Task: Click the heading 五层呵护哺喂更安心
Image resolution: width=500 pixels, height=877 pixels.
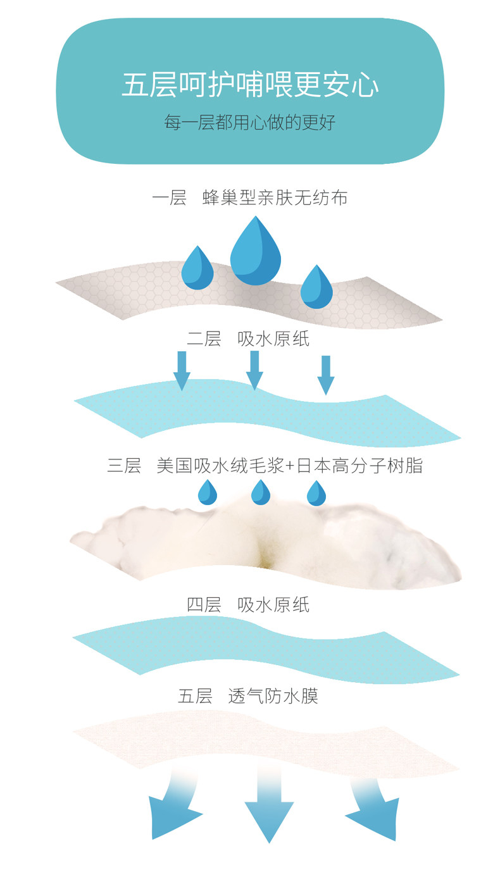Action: (250, 84)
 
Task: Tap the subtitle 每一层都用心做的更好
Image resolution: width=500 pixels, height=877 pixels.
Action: (250, 122)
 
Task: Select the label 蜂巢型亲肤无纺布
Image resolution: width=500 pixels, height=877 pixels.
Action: (275, 197)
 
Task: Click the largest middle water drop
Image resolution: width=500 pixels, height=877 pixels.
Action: (255, 251)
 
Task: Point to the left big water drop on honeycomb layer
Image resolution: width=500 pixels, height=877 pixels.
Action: (197, 268)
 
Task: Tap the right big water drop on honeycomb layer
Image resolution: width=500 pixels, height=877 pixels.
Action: (316, 287)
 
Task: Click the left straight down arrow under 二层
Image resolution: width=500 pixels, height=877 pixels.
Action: (182, 371)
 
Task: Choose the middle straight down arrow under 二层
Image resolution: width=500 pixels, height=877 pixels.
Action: (254, 370)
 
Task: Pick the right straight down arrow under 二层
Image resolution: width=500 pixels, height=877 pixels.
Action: (326, 375)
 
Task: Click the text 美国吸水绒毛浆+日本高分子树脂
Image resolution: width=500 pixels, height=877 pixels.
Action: (290, 466)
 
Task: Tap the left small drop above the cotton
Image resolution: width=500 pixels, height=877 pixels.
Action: (207, 492)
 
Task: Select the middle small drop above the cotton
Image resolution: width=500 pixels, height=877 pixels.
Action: (260, 492)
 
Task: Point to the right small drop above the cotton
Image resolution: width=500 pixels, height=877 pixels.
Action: (316, 494)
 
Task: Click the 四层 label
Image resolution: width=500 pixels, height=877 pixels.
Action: (204, 605)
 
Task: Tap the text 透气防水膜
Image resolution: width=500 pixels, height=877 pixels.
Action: (273, 696)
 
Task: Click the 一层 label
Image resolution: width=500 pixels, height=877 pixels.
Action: (169, 197)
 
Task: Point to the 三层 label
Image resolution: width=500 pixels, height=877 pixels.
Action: (124, 466)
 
